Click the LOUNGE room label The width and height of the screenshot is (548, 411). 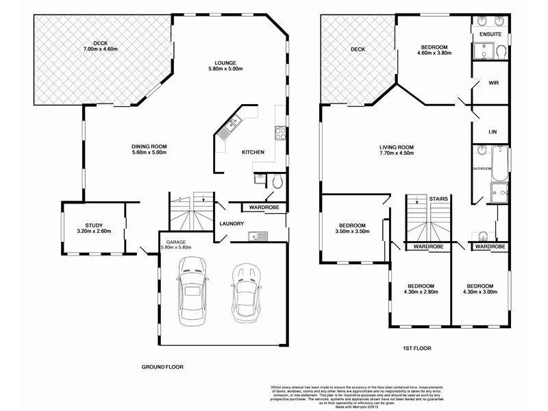[x=225, y=61]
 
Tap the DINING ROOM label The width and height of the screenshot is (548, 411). [x=149, y=147]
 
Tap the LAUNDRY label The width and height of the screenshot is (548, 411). [x=232, y=223]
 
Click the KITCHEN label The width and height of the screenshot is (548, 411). [x=253, y=152]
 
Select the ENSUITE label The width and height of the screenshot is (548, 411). [x=490, y=34]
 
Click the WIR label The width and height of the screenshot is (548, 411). [x=493, y=82]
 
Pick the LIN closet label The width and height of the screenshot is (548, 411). [x=492, y=131]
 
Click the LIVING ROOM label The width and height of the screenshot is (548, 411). [x=397, y=147]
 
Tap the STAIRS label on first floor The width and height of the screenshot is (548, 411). [x=438, y=199]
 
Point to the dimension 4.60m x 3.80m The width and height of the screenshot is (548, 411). [x=434, y=53]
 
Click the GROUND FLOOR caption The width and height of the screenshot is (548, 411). [x=162, y=366]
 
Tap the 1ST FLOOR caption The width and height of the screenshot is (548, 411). [x=416, y=348]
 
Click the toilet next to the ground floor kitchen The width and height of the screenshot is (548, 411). [x=275, y=182]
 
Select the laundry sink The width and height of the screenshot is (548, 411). [x=259, y=237]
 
